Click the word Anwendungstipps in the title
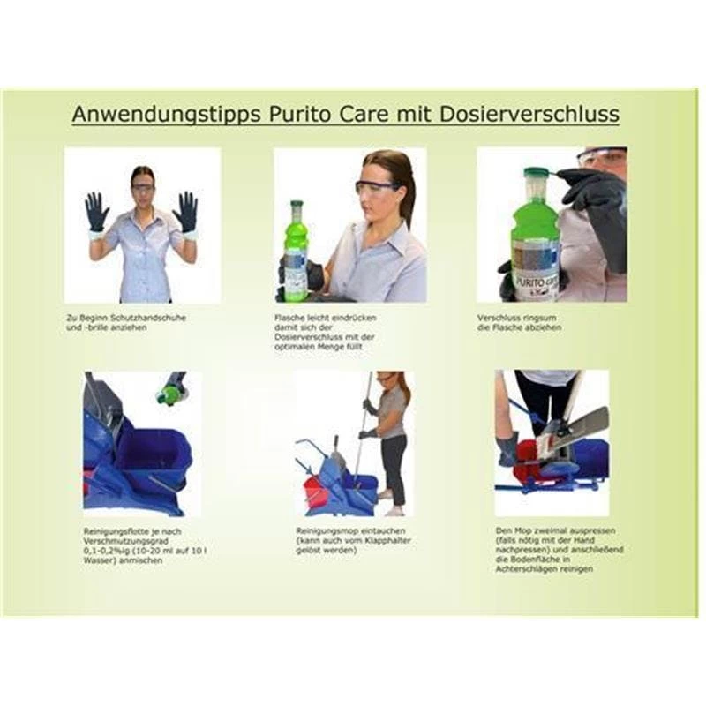(157, 115)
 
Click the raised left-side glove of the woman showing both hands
(96, 213)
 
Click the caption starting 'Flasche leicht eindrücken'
(312, 317)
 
